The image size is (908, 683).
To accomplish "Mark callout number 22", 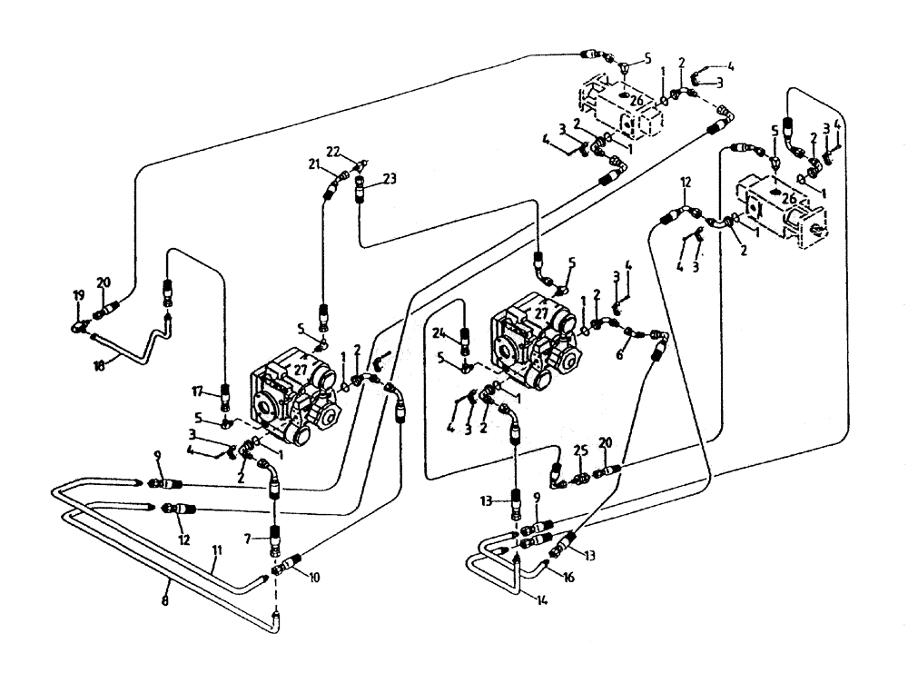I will click(x=332, y=151).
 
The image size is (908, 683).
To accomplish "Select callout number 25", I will click(x=580, y=450).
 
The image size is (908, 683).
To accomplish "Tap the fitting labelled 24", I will click(x=465, y=341).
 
